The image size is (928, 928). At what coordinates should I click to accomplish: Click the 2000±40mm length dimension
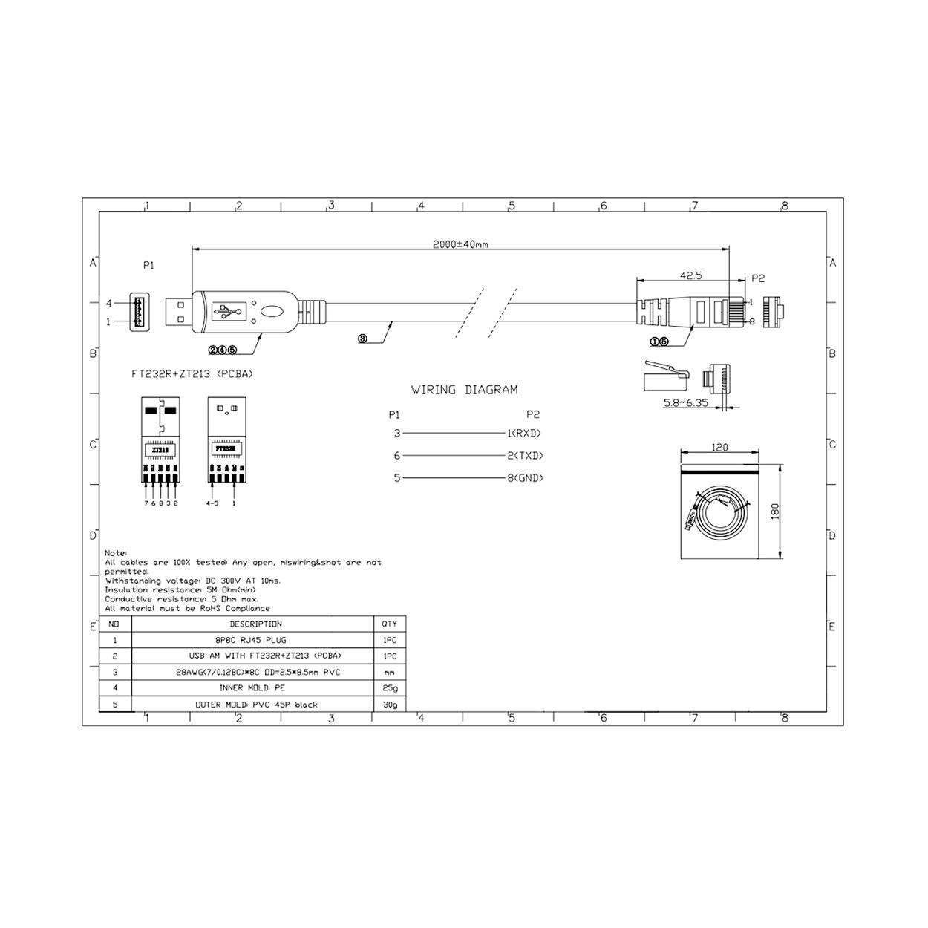click(x=460, y=244)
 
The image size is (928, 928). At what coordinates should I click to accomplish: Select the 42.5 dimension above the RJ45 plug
click(x=690, y=275)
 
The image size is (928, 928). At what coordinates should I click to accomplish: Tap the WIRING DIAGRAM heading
click(x=465, y=390)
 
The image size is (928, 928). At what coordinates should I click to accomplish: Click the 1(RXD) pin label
click(x=524, y=433)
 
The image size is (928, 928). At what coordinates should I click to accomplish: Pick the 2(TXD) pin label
click(x=524, y=456)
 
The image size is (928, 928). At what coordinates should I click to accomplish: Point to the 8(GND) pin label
click(x=524, y=478)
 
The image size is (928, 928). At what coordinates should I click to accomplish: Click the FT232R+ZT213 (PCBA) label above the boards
click(x=192, y=374)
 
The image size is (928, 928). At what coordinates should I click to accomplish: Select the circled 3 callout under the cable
click(x=362, y=339)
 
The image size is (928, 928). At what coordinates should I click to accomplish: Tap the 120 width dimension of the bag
click(x=719, y=448)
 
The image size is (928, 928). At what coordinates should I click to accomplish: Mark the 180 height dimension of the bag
click(x=775, y=512)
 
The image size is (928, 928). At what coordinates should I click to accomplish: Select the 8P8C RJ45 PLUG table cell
click(x=255, y=640)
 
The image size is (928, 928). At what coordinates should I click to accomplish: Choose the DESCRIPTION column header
click(x=255, y=624)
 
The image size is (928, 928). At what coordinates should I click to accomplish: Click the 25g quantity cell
click(x=390, y=688)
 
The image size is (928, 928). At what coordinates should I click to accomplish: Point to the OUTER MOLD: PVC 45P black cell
click(x=255, y=705)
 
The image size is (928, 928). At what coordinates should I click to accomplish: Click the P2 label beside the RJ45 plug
click(x=757, y=278)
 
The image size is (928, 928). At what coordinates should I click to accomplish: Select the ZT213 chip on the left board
click(x=160, y=450)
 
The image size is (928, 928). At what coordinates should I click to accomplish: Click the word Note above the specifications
click(x=116, y=553)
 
